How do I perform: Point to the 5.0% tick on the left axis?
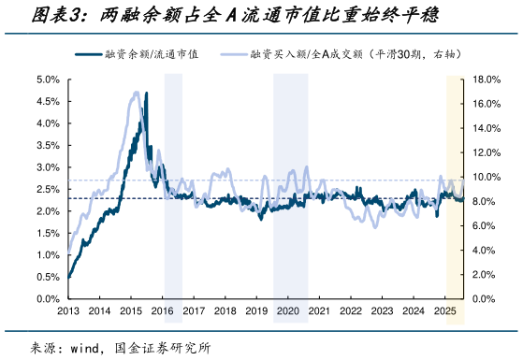coord(47,79)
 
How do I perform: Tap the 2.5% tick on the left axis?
coord(47,189)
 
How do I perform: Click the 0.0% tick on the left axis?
coord(47,298)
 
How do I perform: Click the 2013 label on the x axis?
coord(68,310)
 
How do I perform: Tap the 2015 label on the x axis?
coord(131,310)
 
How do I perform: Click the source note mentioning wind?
coord(122,347)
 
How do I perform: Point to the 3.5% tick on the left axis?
coord(47,145)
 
